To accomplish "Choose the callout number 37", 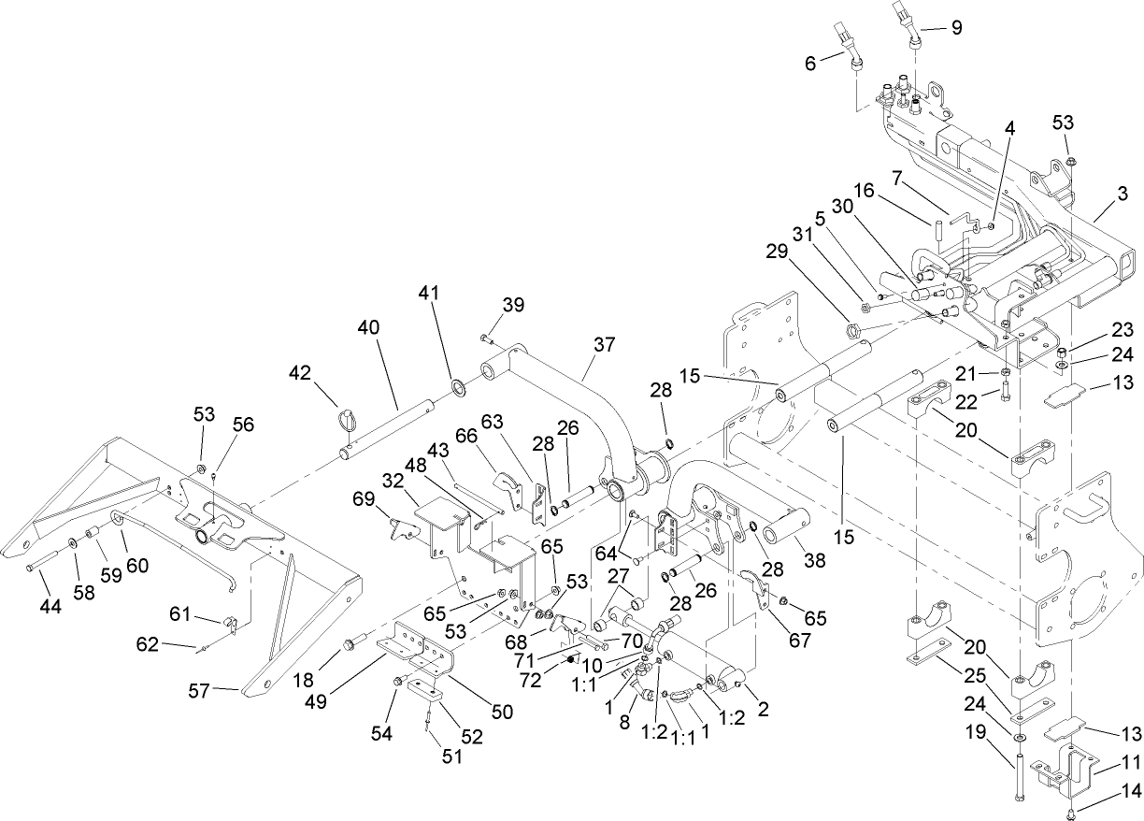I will [605, 344].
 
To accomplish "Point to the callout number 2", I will [763, 711].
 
